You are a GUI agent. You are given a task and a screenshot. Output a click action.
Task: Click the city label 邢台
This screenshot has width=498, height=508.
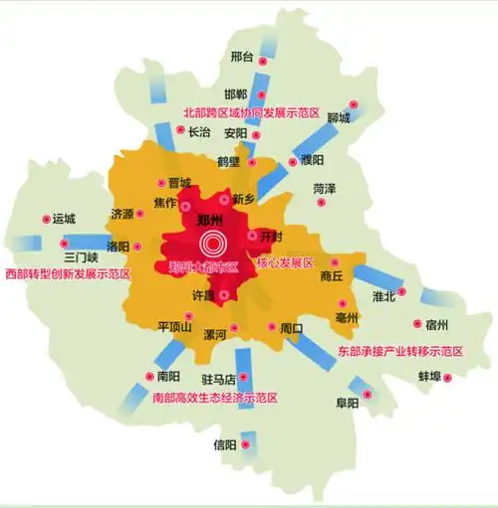(x=241, y=57)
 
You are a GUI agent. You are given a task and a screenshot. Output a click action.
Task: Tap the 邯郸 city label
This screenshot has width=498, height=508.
(x=235, y=93)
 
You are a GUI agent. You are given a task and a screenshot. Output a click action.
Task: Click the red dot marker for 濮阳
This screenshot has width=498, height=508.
(x=293, y=161)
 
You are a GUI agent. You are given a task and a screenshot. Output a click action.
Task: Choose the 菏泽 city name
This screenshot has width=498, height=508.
(x=324, y=188)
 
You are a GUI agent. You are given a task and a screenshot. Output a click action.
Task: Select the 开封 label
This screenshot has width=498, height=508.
(x=270, y=237)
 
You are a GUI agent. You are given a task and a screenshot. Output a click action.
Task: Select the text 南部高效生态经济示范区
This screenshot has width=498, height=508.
(x=214, y=397)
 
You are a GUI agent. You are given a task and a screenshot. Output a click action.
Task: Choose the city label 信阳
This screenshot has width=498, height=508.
(x=226, y=444)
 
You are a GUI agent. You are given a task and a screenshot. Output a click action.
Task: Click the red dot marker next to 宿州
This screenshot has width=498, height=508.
(x=418, y=324)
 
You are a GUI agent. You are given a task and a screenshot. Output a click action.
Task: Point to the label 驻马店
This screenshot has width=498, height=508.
(x=217, y=379)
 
